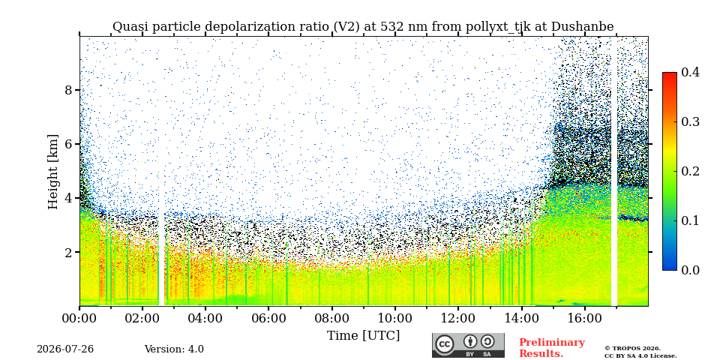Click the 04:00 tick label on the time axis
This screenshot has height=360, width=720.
205,318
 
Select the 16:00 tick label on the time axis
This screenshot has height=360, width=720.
584,318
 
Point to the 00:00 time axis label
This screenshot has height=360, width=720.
79,318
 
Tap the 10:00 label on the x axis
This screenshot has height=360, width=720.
395,318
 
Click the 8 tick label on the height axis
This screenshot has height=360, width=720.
68,89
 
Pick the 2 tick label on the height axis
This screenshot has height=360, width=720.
68,252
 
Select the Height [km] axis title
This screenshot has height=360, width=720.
53,172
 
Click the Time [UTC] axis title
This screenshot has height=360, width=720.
363,336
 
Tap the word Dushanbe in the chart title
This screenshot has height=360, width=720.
582,27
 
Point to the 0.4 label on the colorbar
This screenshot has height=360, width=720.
690,72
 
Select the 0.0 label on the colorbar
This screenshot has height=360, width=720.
690,270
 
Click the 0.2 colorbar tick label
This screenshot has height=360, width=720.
690,171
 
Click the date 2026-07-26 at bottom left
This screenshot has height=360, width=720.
65,349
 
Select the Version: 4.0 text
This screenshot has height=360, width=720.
174,349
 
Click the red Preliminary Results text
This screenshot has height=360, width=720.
552,348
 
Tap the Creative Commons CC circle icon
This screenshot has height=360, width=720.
445,344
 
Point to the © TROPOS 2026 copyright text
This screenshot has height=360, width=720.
632,349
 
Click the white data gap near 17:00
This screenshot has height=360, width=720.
614,171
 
